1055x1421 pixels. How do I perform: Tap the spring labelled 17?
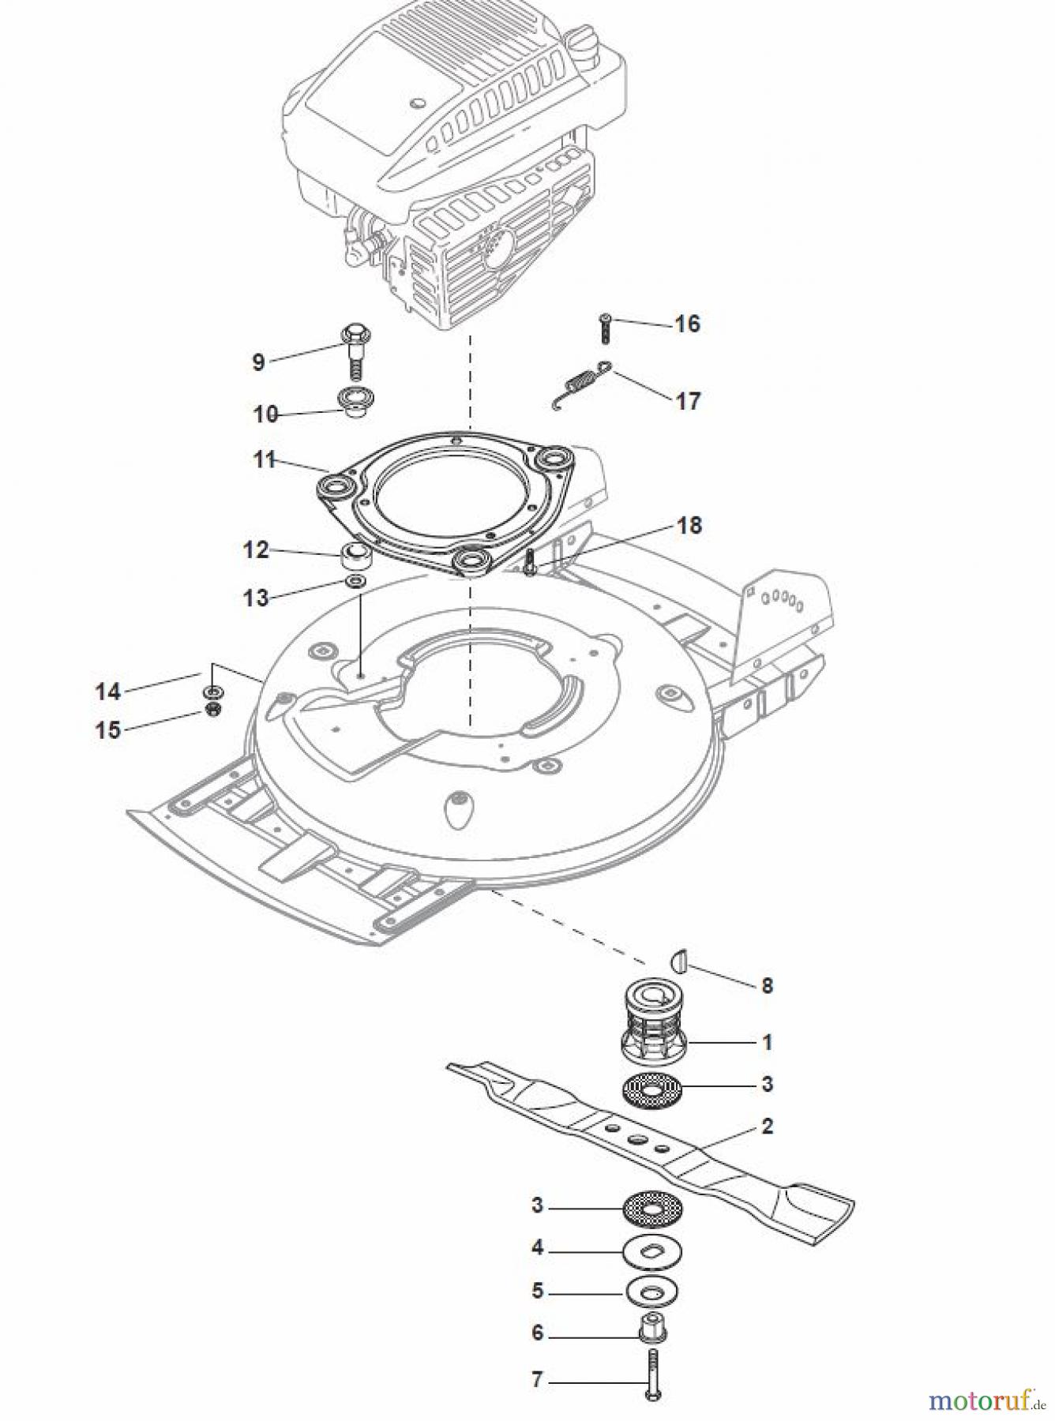[x=580, y=384]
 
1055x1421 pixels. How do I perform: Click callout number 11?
[x=264, y=459]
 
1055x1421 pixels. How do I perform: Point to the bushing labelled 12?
[x=355, y=557]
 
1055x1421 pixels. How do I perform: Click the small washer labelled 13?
[x=355, y=583]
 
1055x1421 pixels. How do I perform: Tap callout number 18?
[x=689, y=525]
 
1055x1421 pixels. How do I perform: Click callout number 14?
[x=107, y=692]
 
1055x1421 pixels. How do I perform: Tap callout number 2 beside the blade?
[x=767, y=1127]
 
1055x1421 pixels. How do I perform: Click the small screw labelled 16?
[x=606, y=328]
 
